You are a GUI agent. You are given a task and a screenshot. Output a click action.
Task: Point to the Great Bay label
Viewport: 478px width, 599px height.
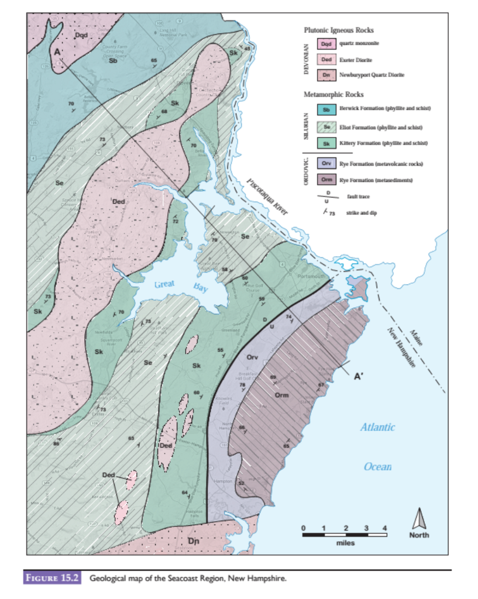pyautogui.click(x=181, y=286)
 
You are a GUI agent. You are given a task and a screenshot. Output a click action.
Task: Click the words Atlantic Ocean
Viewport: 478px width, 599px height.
pyautogui.click(x=377, y=447)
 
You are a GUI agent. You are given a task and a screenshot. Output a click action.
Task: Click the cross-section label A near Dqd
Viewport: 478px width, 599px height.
pyautogui.click(x=57, y=53)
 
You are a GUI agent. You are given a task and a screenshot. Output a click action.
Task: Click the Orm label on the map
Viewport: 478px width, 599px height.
pyautogui.click(x=282, y=395)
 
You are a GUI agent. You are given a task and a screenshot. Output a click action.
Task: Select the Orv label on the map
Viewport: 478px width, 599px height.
pyautogui.click(x=252, y=356)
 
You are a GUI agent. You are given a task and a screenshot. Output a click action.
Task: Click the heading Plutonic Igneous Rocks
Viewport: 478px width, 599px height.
pyautogui.click(x=339, y=30)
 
